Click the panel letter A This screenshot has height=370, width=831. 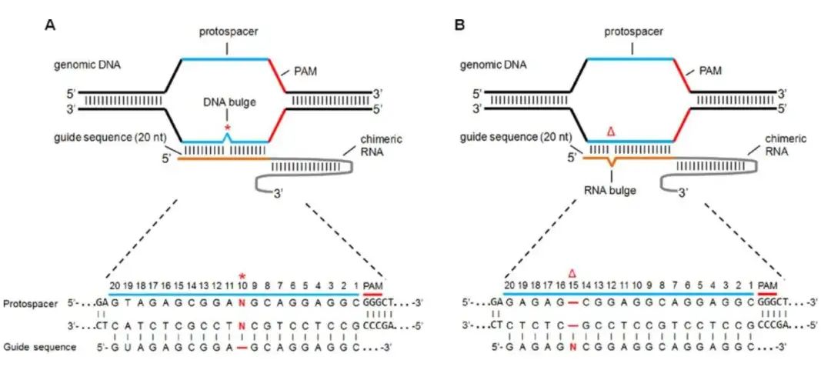point(48,25)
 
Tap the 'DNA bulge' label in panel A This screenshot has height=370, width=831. point(227,102)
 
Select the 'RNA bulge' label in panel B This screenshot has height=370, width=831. point(612,190)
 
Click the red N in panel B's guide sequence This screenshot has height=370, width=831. point(572,347)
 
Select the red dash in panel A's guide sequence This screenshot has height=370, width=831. point(242,347)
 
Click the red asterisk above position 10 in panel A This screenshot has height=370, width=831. point(242,276)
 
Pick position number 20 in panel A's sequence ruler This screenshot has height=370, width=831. point(114,285)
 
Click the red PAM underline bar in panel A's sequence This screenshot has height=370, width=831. point(372,292)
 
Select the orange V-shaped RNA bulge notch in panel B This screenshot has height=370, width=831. point(612,162)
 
